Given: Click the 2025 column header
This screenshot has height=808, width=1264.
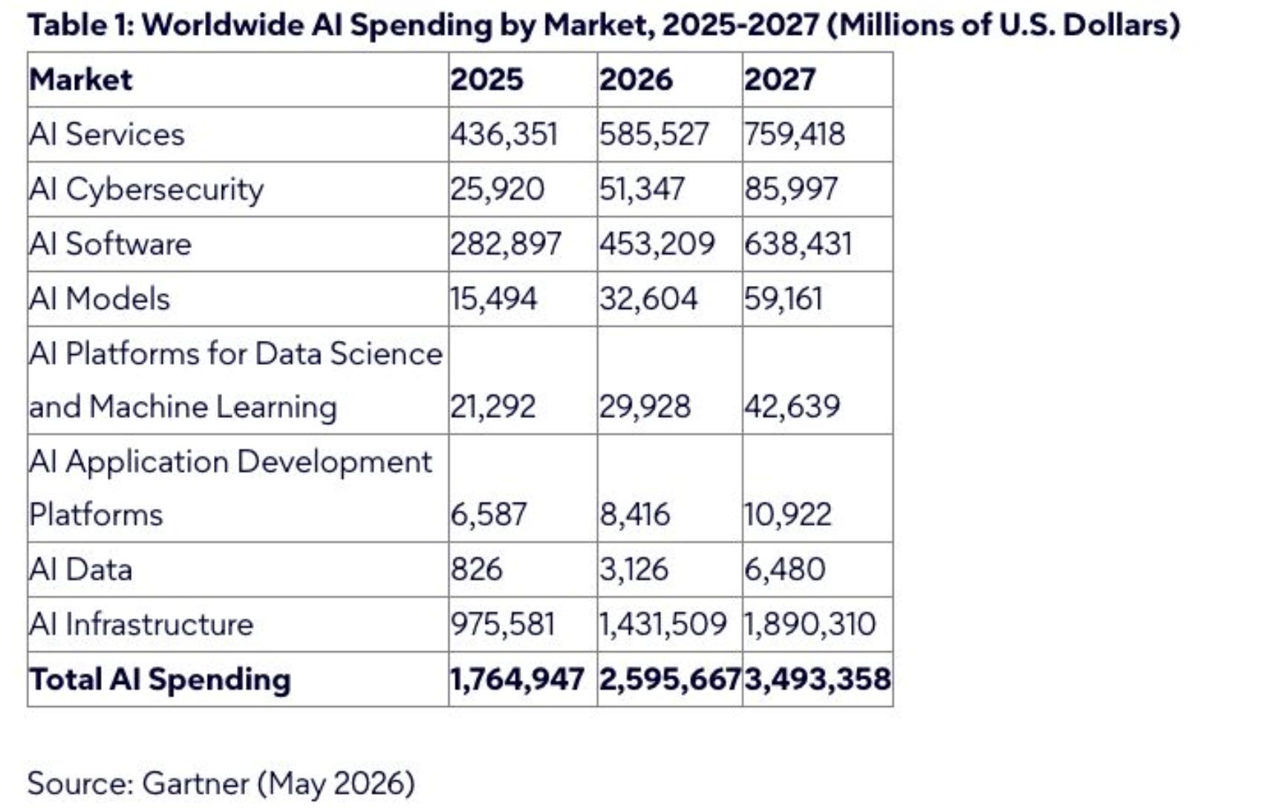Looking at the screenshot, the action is click(486, 79).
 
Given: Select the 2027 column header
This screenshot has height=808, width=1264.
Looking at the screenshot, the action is click(780, 79).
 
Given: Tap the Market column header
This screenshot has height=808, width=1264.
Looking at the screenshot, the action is click(81, 79).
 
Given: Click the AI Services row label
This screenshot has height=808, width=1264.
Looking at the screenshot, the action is click(107, 134).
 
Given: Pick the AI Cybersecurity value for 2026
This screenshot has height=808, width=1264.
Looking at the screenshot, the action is click(642, 189).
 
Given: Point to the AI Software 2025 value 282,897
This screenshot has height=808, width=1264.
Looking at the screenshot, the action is click(506, 244).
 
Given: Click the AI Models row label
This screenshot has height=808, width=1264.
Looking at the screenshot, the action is click(100, 299).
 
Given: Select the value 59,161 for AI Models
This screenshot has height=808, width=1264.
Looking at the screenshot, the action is click(784, 299).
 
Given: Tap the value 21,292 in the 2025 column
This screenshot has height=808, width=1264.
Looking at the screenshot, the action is click(492, 406).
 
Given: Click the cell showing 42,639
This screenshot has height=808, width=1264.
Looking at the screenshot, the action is click(792, 406).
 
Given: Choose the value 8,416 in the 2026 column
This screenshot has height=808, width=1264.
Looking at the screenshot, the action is click(634, 515).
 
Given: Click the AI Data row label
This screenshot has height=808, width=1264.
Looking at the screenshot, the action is click(81, 570).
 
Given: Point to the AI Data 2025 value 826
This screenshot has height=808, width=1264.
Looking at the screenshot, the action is click(476, 570).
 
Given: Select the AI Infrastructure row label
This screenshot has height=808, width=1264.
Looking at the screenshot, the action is click(141, 624).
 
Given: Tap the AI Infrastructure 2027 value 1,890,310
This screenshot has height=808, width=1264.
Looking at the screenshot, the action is click(809, 624).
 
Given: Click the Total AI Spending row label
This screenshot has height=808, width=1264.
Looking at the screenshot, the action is click(160, 679).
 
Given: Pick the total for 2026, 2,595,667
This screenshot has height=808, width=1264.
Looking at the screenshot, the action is click(670, 679).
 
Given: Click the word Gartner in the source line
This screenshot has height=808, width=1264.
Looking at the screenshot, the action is click(195, 783).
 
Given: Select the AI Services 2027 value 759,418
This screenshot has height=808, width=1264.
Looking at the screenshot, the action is click(795, 134).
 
